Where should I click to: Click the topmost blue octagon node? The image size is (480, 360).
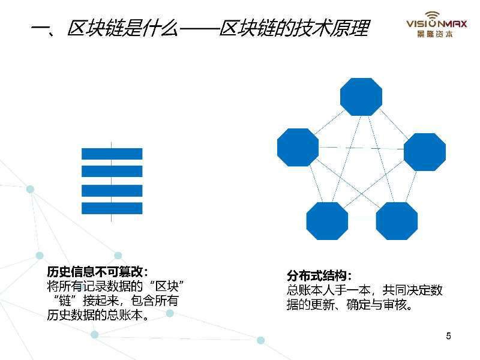(x=361, y=97)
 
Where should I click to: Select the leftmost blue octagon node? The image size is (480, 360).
(x=298, y=147)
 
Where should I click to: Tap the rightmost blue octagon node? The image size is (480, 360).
(x=425, y=152)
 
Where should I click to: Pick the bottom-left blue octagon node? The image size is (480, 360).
(x=327, y=221)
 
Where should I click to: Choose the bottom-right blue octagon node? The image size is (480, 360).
(x=397, y=221)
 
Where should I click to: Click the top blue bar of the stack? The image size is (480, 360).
(x=112, y=154)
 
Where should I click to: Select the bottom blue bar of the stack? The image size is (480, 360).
(x=112, y=208)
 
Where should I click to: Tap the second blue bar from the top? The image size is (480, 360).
(x=112, y=171)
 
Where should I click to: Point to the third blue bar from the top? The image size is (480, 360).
(x=112, y=191)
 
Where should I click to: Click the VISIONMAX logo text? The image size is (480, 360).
(x=437, y=23)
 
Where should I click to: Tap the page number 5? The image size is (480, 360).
(x=448, y=336)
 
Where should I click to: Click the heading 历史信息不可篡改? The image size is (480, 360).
(x=95, y=272)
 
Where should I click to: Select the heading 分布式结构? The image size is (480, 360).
(x=316, y=276)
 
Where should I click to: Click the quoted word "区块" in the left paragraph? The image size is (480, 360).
(x=167, y=286)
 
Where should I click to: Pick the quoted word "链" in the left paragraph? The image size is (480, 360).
(x=65, y=301)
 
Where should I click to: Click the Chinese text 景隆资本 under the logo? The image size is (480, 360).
(x=435, y=34)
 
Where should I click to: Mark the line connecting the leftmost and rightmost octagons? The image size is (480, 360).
(x=361, y=148)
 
